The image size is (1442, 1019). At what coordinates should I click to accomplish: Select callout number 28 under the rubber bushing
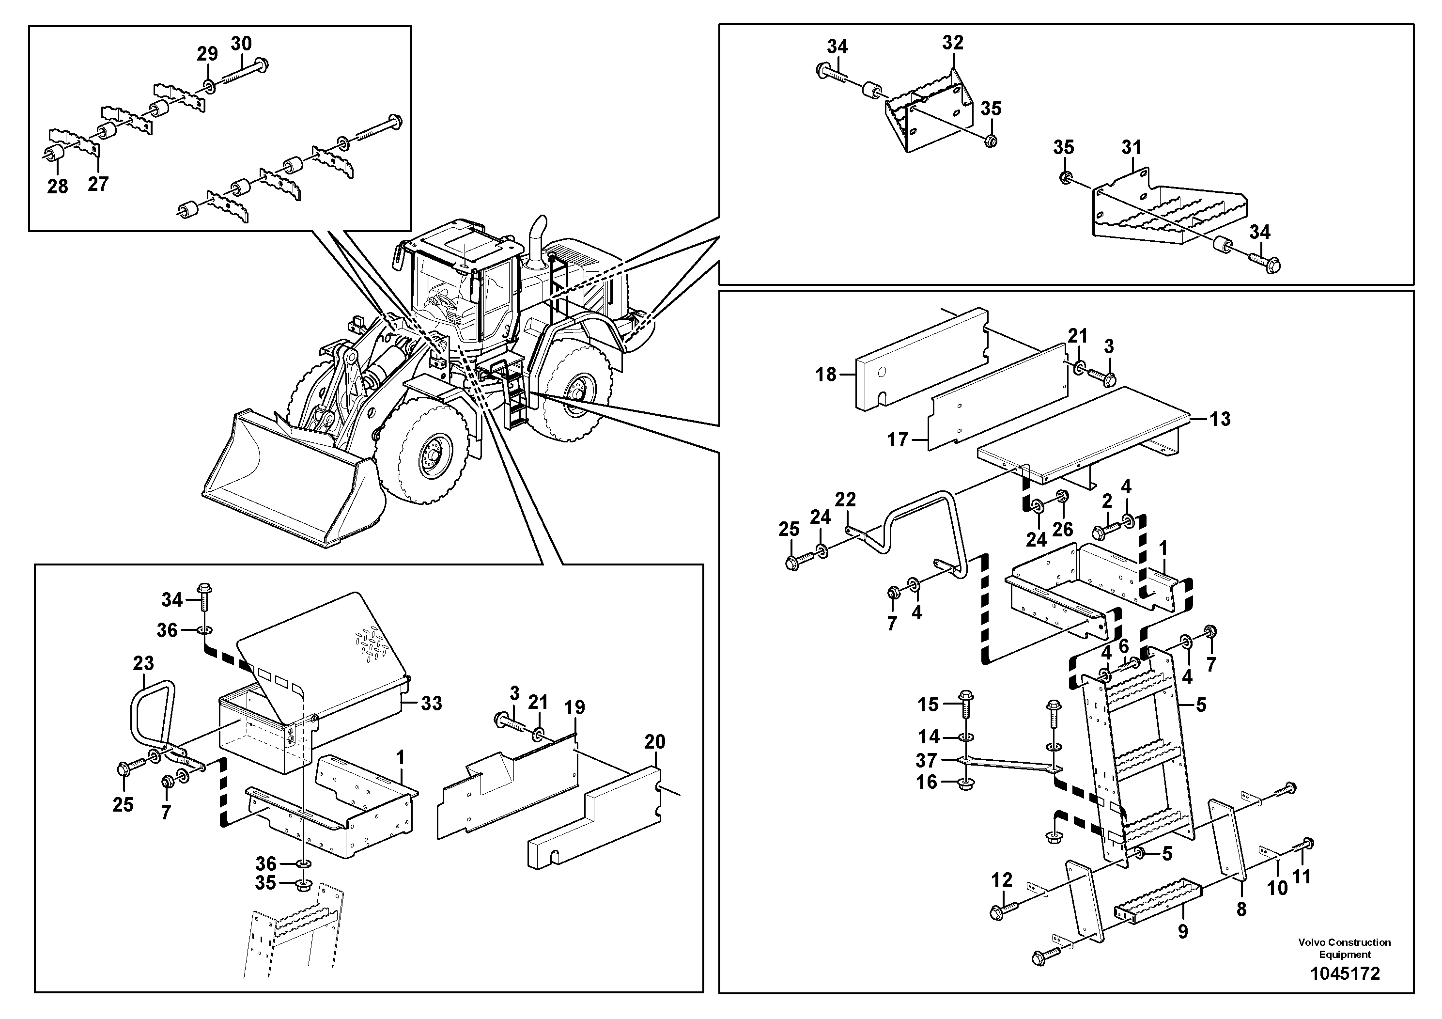[x=57, y=186]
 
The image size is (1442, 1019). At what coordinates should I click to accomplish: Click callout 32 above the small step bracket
[x=953, y=42]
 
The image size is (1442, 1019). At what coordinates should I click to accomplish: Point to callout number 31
[x=1131, y=148]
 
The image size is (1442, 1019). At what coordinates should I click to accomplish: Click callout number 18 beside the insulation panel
[x=826, y=375]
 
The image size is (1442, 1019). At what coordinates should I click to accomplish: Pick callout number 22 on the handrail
[x=845, y=500]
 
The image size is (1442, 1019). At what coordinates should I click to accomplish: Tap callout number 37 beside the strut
[x=926, y=760]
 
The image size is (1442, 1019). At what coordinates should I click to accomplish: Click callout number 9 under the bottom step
[x=1183, y=931]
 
